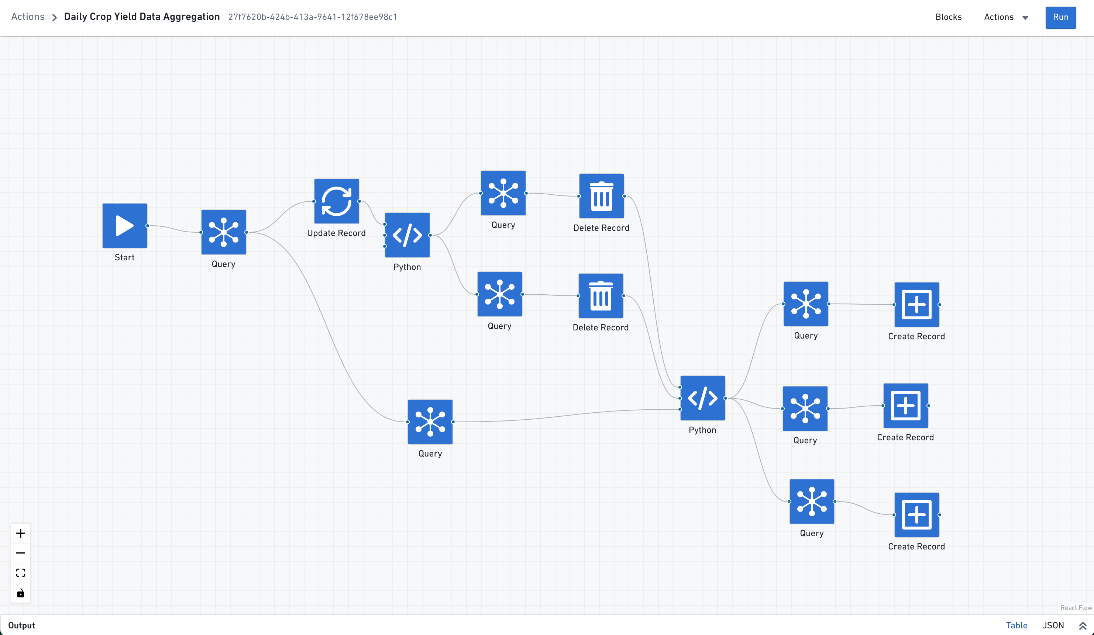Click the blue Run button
(x=1060, y=17)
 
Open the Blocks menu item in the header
(x=948, y=17)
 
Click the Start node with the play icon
(x=125, y=226)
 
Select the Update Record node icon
(x=337, y=201)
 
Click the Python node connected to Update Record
(x=407, y=235)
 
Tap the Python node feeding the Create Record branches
(x=702, y=398)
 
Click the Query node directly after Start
(x=224, y=232)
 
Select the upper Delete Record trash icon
(x=601, y=196)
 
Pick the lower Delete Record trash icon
(x=601, y=295)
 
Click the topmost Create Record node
(x=916, y=305)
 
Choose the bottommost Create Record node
(x=916, y=514)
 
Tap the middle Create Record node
(x=906, y=406)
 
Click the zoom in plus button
(x=20, y=533)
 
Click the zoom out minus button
(x=20, y=553)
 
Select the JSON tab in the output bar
(x=1053, y=625)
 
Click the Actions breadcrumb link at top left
(x=28, y=17)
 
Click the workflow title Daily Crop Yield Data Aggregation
(x=142, y=17)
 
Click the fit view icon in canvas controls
(x=20, y=573)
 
